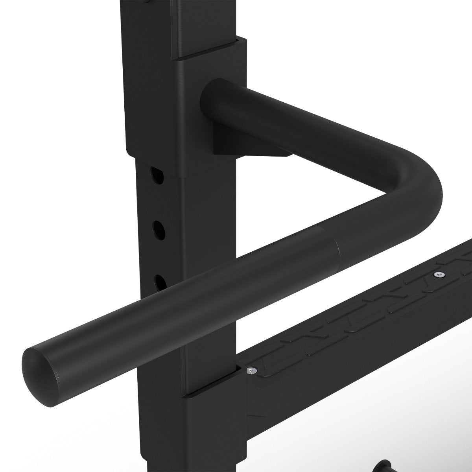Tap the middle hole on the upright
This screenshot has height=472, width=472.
[159, 229]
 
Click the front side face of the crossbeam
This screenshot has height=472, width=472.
[354, 374]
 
